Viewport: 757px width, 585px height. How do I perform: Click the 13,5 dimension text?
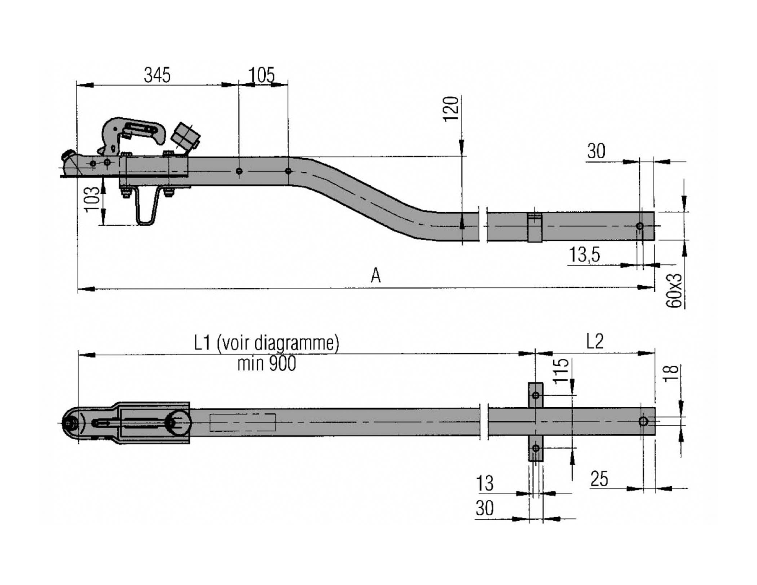pos(585,255)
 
